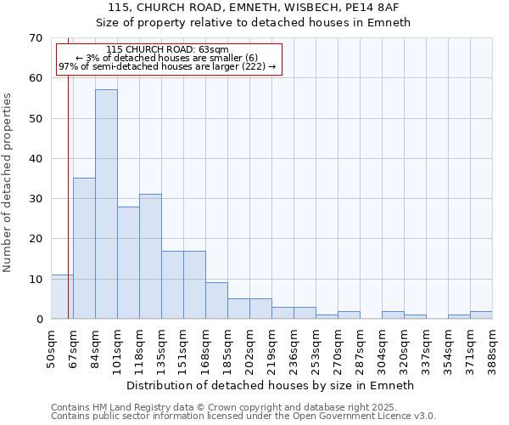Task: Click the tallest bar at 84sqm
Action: coord(106,204)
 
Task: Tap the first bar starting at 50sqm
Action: coord(62,297)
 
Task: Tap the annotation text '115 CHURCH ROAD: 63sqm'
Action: coord(167,50)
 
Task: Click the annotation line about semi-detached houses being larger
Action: coord(167,66)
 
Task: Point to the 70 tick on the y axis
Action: coord(35,38)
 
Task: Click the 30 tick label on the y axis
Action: coord(35,199)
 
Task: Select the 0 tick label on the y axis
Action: coord(38,320)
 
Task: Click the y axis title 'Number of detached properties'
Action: coord(8,183)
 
